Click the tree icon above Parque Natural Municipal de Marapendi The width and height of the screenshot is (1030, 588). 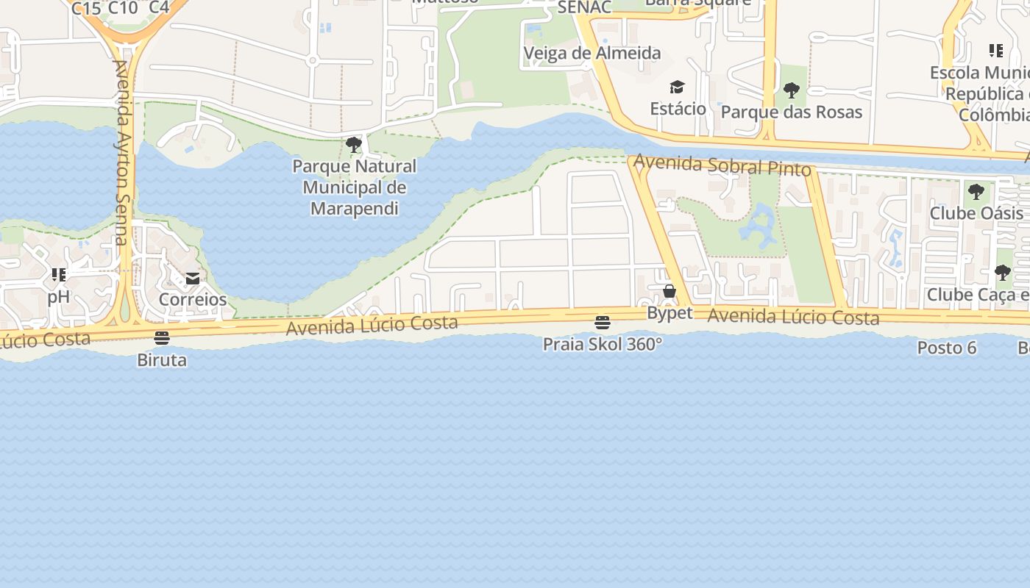point(354,145)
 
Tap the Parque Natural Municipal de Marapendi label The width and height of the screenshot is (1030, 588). point(354,187)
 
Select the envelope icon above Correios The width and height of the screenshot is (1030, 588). point(193,279)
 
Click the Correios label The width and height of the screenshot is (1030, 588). point(193,299)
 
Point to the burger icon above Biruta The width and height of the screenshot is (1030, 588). point(162,338)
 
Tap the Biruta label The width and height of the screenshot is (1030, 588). point(162,360)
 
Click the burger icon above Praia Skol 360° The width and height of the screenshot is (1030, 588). point(603,322)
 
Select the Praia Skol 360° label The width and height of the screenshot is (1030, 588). point(603,344)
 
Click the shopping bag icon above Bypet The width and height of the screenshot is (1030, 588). point(669,291)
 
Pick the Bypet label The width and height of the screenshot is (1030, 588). point(669,313)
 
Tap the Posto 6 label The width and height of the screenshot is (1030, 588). point(947,348)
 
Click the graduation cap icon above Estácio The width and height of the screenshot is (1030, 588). point(678,87)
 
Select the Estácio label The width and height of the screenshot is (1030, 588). point(678,109)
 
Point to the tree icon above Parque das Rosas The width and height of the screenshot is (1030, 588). point(792,90)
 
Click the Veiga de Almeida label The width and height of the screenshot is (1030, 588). point(592,53)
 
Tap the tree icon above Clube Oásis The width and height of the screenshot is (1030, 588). point(976,192)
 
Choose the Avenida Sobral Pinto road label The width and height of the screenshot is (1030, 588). point(722,165)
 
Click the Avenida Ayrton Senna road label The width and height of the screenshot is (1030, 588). point(121,152)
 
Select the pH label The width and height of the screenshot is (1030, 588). point(58,297)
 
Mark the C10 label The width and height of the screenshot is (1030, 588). point(123,8)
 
